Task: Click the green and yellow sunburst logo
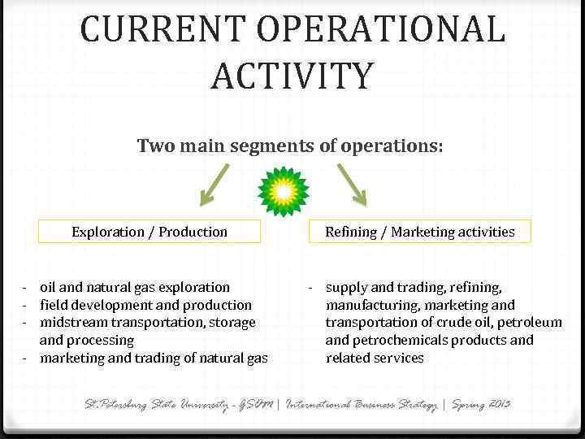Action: point(284,191)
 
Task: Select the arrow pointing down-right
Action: point(352,185)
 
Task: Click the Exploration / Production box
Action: point(149,232)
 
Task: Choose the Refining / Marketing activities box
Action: point(419,232)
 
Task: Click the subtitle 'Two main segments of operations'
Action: point(290,146)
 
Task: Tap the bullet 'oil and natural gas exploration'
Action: point(135,287)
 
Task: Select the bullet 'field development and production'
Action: point(145,305)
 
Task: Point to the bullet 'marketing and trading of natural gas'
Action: point(154,358)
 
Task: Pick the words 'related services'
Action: point(375,358)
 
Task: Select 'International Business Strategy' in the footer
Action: point(362,404)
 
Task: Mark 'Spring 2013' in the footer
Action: point(483,404)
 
